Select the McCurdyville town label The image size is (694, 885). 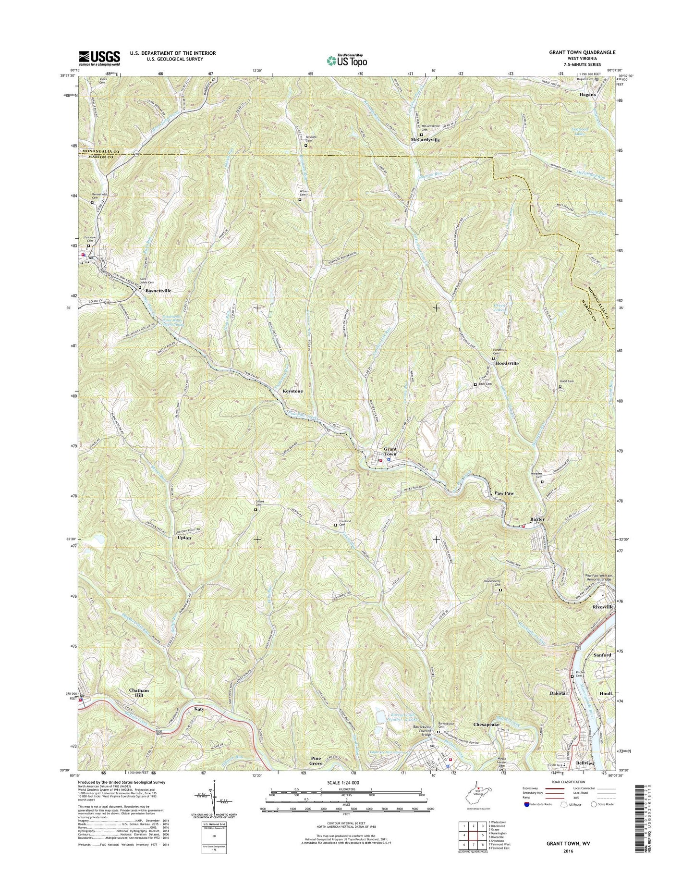coord(425,140)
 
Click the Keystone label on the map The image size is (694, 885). coord(292,391)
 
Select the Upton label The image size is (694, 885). coord(184,538)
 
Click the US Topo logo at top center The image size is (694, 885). coord(347,60)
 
